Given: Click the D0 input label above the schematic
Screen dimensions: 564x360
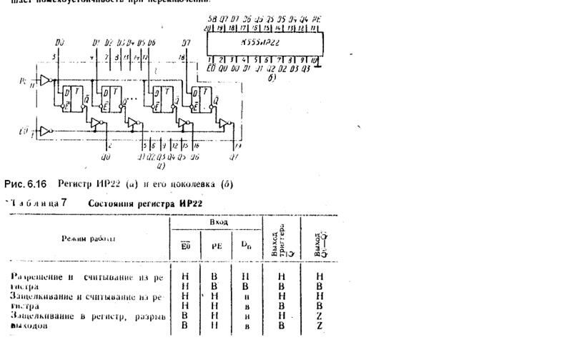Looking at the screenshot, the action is (x=60, y=44).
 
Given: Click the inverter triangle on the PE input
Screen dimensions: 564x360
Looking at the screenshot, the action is (x=46, y=80).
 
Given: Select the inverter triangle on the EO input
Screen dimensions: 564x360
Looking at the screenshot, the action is (x=46, y=132).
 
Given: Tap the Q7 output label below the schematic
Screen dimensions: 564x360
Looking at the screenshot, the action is (x=234, y=155).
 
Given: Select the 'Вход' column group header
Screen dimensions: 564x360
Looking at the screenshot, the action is (x=218, y=223).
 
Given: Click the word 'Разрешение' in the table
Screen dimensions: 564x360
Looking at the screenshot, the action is (x=36, y=275).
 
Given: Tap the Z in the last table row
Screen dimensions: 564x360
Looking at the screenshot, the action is (x=320, y=325).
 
